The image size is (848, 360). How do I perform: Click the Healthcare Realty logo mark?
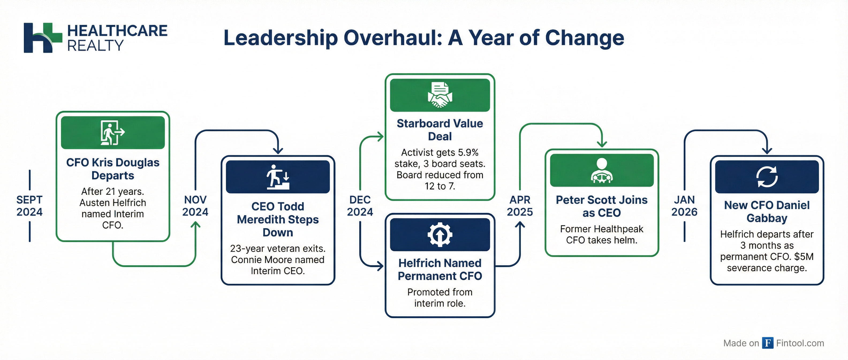43,37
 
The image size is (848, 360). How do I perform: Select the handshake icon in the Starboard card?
440,95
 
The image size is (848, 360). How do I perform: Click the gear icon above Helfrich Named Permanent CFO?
440,235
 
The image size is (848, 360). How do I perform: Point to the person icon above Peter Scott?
602,170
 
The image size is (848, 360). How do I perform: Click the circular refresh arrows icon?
767,177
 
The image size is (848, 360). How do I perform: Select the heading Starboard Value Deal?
440,130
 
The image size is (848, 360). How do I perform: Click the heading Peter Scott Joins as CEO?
602,206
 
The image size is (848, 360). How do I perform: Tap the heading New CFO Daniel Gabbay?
767,211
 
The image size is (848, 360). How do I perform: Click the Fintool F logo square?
768,343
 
